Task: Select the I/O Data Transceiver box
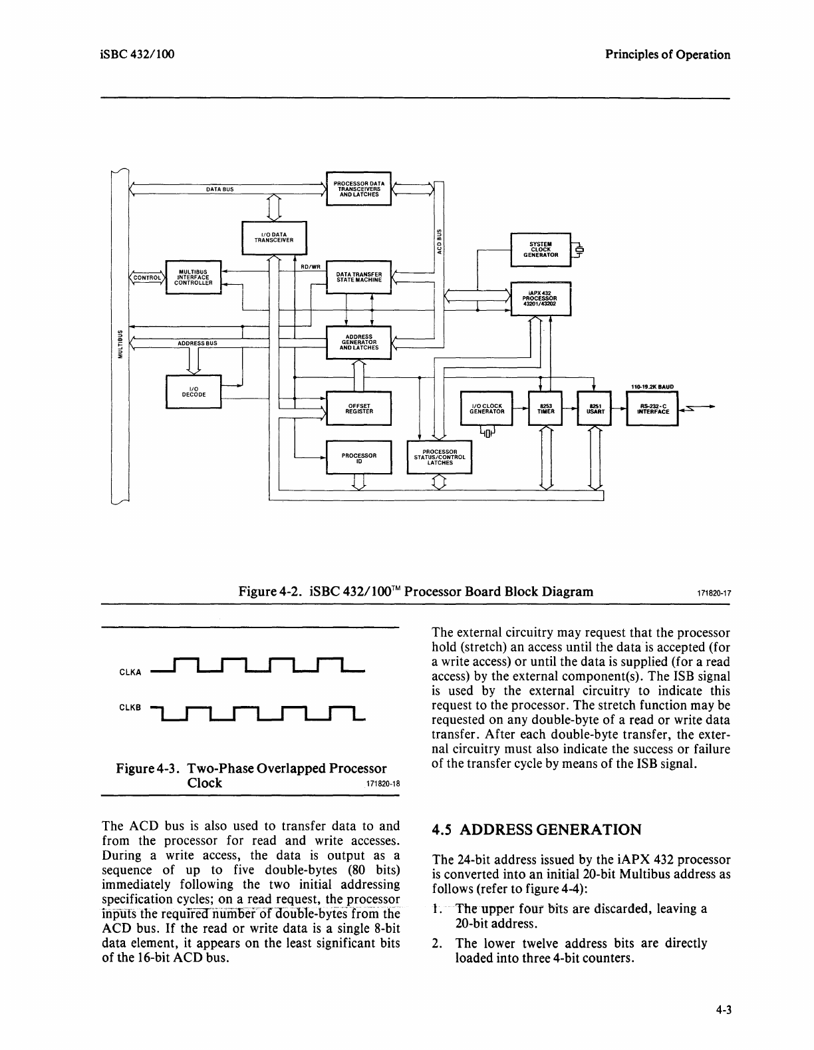pyautogui.click(x=274, y=238)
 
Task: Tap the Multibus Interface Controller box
pyautogui.click(x=193, y=277)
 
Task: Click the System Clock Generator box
pyautogui.click(x=540, y=250)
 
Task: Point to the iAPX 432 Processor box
pyautogui.click(x=540, y=300)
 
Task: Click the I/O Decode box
pyautogui.click(x=193, y=392)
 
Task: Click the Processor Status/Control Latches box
pyautogui.click(x=439, y=456)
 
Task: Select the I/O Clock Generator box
pyautogui.click(x=487, y=408)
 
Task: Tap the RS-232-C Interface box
pyautogui.click(x=652, y=408)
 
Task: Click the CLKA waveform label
pyautogui.click(x=130, y=672)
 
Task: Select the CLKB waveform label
pyautogui.click(x=130, y=707)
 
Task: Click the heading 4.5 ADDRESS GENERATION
pyautogui.click(x=536, y=830)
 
